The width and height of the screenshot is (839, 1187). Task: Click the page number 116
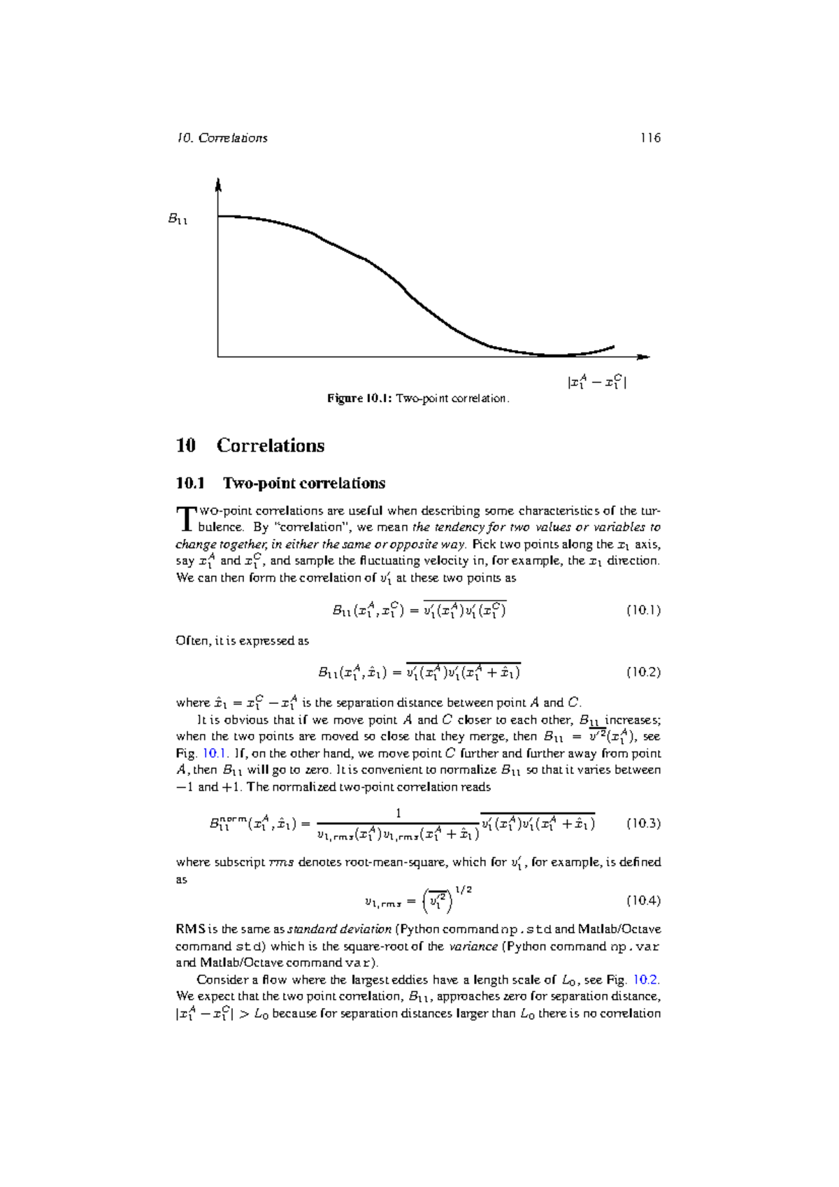point(650,138)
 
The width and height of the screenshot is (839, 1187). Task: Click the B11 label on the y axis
point(178,220)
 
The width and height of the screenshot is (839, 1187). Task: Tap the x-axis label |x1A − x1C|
point(596,382)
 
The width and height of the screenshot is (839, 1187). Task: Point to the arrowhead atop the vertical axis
point(218,185)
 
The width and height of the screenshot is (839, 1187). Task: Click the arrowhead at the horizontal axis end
point(644,357)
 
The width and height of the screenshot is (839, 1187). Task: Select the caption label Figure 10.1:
point(359,398)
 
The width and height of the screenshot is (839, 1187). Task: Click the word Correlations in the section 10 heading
point(270,445)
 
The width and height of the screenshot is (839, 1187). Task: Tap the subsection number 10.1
point(190,483)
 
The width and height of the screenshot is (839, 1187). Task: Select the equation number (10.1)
point(643,610)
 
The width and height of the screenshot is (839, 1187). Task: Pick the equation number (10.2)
point(643,672)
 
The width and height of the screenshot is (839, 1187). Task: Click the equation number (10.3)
point(643,823)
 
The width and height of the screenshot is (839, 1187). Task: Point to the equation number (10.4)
point(643,900)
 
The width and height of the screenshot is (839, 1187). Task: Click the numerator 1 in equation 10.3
point(399,813)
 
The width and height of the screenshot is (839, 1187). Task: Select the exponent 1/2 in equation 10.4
point(464,890)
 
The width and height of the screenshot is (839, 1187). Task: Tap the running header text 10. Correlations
point(222,138)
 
